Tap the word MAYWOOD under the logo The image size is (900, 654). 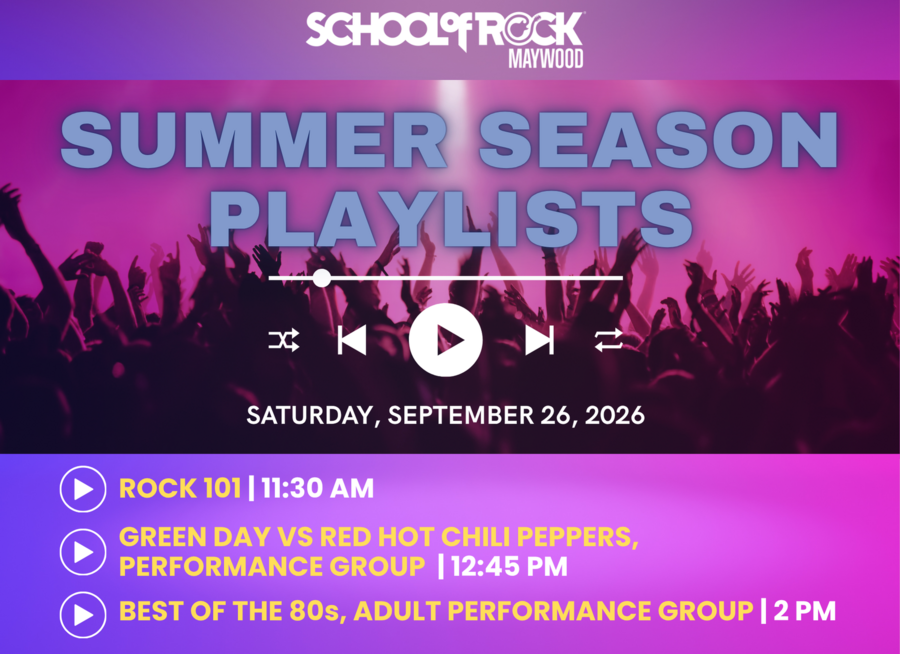click(x=546, y=59)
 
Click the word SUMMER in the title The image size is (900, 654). click(x=254, y=140)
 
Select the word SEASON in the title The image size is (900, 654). click(x=658, y=140)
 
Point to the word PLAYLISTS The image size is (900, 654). click(x=451, y=219)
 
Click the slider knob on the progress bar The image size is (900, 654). click(x=321, y=278)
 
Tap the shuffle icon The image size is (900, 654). click(x=284, y=340)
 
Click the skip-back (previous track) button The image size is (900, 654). click(x=352, y=340)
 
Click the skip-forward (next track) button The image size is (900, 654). click(x=540, y=340)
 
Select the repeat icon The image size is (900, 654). click(x=608, y=340)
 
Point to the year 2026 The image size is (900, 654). click(x=615, y=415)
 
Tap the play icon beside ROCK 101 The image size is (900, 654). click(x=83, y=489)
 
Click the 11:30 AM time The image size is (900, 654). click(x=317, y=489)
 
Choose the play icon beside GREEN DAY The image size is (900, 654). click(x=83, y=552)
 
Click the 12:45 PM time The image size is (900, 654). click(x=509, y=566)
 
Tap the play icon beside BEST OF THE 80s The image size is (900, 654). click(x=83, y=615)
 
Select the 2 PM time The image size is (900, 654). click(x=804, y=611)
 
